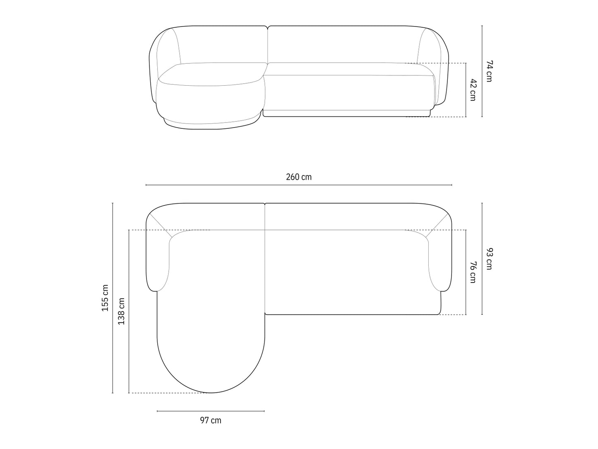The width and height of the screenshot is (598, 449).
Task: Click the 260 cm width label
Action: pyautogui.click(x=298, y=177)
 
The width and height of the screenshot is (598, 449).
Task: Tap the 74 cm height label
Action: pyautogui.click(x=489, y=71)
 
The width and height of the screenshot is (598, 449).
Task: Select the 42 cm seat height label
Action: pyautogui.click(x=473, y=90)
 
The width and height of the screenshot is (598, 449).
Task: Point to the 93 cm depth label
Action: pyautogui.click(x=489, y=259)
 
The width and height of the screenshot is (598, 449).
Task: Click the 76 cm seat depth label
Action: pyautogui.click(x=473, y=272)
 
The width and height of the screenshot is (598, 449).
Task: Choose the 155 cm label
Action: pyautogui.click(x=105, y=298)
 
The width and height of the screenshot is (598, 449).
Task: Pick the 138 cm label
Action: pyautogui.click(x=121, y=311)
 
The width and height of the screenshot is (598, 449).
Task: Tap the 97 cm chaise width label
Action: pyautogui.click(x=211, y=420)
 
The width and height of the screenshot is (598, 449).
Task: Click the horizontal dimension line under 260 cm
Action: pyautogui.click(x=298, y=185)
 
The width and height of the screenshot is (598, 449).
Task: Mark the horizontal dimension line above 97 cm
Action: pyautogui.click(x=211, y=411)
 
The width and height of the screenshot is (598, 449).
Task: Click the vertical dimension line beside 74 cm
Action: pyautogui.click(x=482, y=71)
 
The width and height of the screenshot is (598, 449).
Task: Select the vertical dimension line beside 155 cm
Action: pyautogui.click(x=113, y=298)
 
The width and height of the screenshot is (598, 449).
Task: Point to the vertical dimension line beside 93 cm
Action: pyautogui.click(x=482, y=259)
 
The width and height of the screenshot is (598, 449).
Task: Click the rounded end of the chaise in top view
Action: pyautogui.click(x=211, y=373)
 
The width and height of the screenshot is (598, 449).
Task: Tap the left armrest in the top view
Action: pyautogui.click(x=158, y=265)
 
